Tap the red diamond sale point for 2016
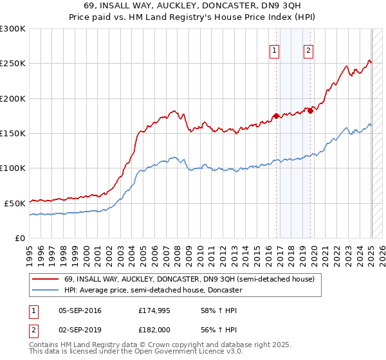(x=276, y=116)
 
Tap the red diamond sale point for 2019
(x=310, y=111)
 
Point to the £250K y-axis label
(x=13, y=64)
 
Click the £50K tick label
(x=15, y=203)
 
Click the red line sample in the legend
(x=45, y=280)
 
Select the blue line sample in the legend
(x=45, y=291)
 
